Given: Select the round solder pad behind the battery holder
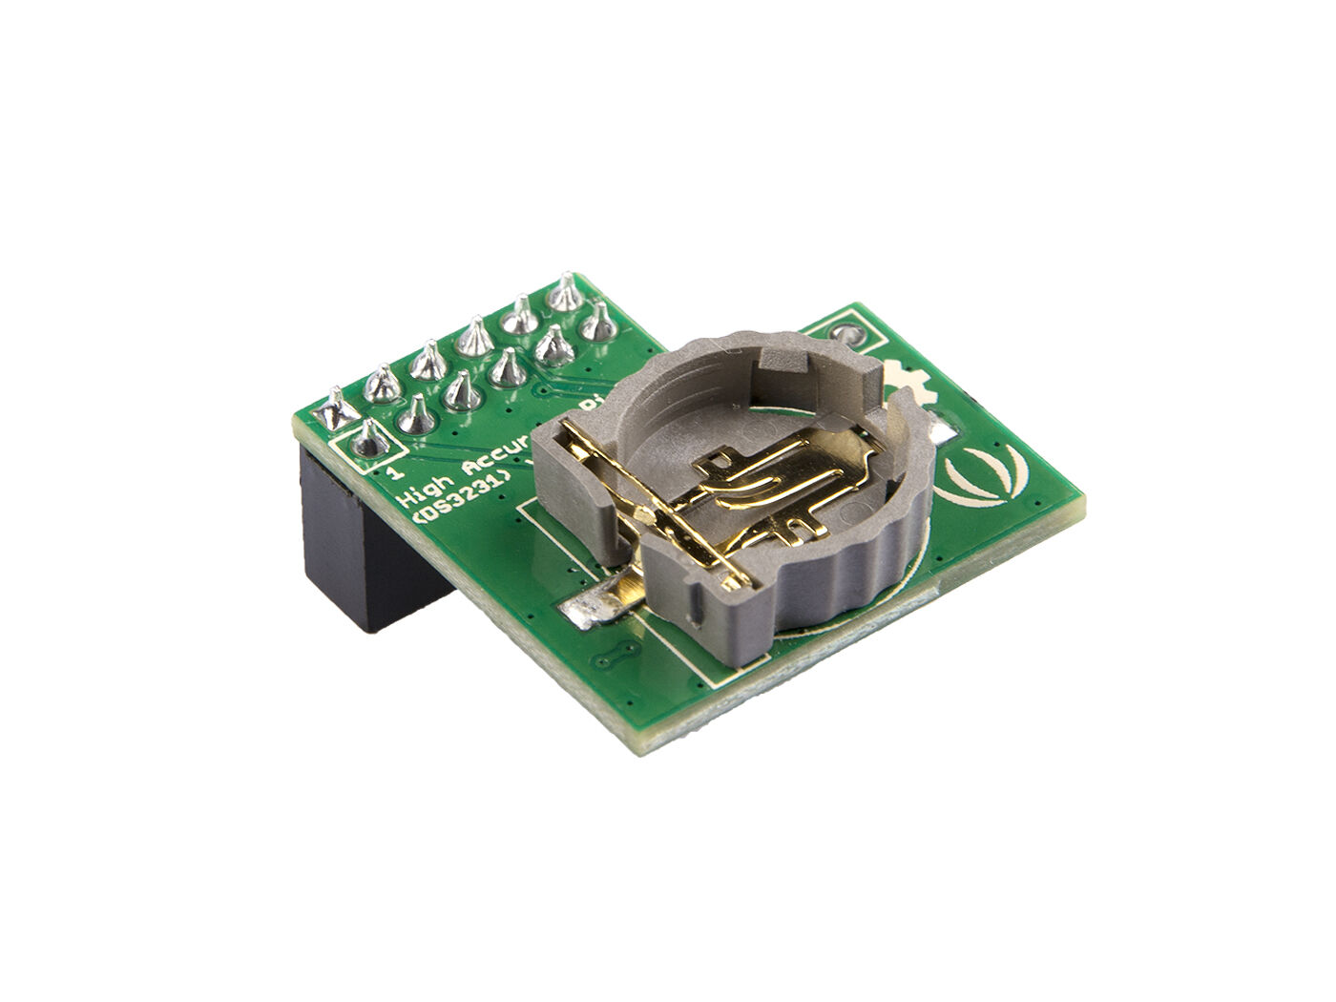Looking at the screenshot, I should coord(845,334).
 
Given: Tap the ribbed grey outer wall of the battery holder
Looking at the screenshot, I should coord(840,582).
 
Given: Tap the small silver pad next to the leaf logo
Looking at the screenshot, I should coord(945,434).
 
